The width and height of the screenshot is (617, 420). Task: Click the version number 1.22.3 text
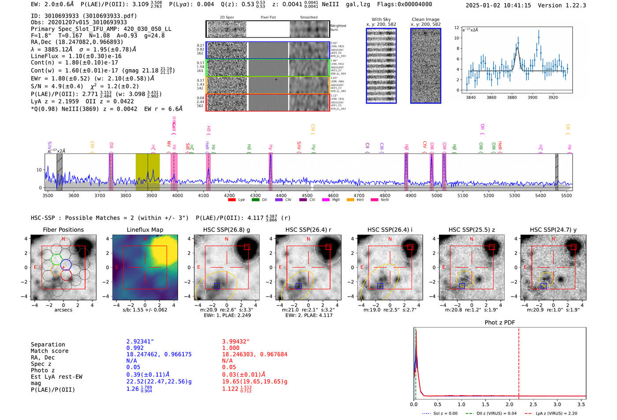(569, 6)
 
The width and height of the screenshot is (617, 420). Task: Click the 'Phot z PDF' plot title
(500, 323)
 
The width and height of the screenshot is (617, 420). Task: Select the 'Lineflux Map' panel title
(145, 230)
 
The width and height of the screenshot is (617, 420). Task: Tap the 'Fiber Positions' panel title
(63, 230)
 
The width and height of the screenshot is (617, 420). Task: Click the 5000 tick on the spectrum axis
(436, 196)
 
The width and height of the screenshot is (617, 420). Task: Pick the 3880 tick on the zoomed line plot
(512, 97)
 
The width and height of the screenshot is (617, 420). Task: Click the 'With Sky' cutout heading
(381, 19)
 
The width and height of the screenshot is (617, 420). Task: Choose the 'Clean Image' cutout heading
(425, 19)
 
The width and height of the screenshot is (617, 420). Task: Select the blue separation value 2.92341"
(140, 342)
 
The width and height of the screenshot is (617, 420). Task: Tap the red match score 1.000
(230, 348)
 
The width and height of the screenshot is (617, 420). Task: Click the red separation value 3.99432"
(235, 342)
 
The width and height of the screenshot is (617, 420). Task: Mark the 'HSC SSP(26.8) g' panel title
(227, 230)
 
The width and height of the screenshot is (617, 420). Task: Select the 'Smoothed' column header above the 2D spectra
(308, 18)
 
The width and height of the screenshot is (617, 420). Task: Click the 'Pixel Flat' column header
(268, 18)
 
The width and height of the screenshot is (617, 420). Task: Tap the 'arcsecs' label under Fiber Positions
(63, 310)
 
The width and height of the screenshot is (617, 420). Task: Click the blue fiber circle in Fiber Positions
(66, 265)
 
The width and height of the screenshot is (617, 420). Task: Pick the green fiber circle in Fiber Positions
(56, 259)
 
